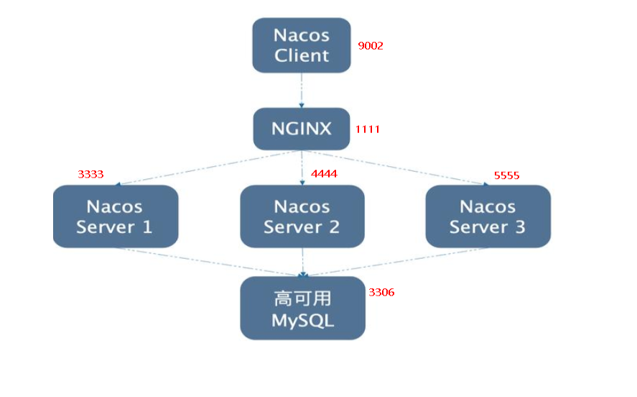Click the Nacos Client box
point(302,45)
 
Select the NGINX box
point(302,129)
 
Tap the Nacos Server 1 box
point(115,216)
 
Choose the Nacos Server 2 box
point(302,216)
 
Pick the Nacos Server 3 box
point(488,216)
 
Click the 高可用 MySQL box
point(302,309)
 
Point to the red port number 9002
point(371,46)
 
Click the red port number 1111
point(367,129)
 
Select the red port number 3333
point(90,174)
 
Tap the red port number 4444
point(324,174)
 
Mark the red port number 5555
point(506,175)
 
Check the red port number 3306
point(381,293)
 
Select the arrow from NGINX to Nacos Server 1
point(208,168)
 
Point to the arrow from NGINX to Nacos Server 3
point(395,168)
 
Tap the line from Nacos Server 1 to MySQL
point(208,261)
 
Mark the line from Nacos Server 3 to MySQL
point(395,261)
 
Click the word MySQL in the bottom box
point(302,320)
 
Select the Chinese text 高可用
point(302,298)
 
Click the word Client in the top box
point(302,55)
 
